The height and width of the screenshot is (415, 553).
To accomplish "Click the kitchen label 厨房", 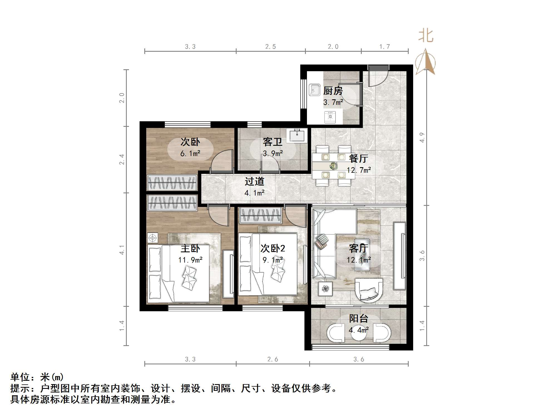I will [333, 91].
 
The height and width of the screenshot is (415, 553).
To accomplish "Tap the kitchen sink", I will [314, 90].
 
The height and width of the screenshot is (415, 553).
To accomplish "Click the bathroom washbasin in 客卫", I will [297, 135].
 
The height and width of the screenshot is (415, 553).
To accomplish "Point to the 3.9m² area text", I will [273, 153].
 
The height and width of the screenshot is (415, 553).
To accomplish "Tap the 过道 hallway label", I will [254, 182].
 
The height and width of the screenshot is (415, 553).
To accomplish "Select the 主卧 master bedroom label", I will [190, 248].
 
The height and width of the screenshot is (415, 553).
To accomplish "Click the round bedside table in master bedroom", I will [152, 238].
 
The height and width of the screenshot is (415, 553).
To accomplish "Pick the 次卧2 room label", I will [273, 248].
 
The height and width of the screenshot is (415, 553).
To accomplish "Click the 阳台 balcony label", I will [359, 318].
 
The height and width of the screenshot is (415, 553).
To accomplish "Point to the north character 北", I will [426, 36].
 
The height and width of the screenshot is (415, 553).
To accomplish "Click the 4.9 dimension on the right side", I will [422, 137].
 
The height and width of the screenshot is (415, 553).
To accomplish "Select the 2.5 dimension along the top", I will [270, 47].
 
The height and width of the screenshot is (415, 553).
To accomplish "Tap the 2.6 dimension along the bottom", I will [272, 359].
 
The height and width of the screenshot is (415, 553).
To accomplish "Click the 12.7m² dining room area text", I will [359, 170].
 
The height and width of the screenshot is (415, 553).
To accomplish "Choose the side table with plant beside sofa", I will [325, 289].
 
